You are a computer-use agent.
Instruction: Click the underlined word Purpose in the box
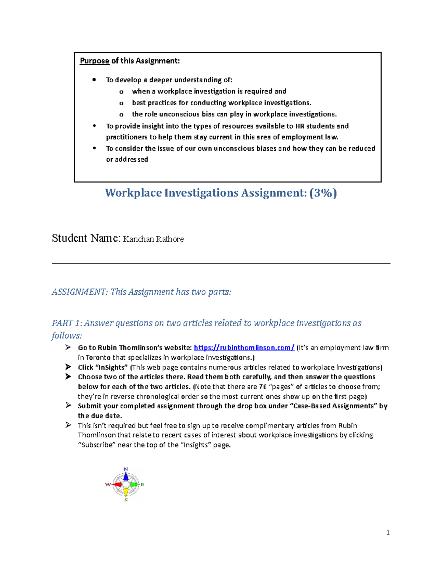[94, 61]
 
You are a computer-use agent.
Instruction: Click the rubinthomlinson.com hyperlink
[244, 348]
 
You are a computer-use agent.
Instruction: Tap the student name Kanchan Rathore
[153, 239]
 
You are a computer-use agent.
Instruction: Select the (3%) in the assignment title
[323, 193]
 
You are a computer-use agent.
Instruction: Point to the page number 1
[388, 532]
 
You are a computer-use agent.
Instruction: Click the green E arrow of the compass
[135, 484]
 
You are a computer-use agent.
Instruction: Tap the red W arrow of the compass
[116, 484]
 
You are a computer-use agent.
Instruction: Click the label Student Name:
[86, 239]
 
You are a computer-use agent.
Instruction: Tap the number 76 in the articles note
[263, 387]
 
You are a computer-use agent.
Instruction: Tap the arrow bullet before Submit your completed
[68, 406]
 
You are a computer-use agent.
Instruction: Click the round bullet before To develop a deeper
[94, 80]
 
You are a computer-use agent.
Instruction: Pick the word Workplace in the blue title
[133, 193]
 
